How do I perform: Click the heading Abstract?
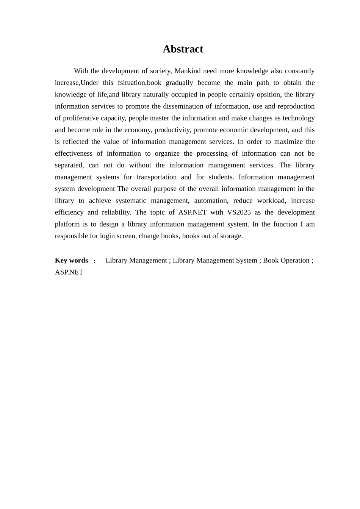click(183, 49)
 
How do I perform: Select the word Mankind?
click(187, 71)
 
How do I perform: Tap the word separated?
click(69, 165)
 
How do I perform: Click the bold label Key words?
click(72, 260)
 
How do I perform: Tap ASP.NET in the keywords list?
click(69, 272)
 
